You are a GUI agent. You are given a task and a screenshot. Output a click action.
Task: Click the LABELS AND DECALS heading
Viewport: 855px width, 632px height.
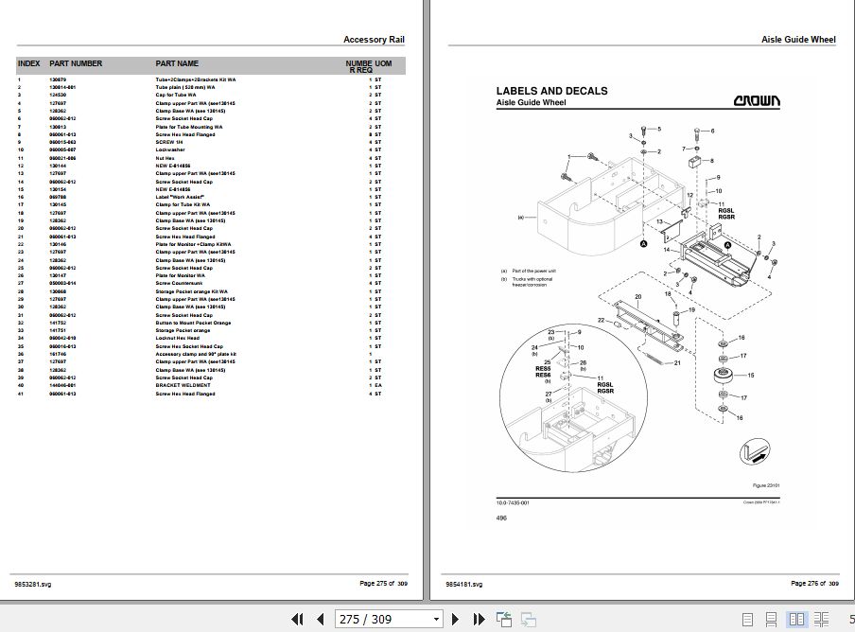(x=551, y=91)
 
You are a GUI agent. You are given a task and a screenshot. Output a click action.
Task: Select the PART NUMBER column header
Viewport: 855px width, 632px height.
(x=76, y=63)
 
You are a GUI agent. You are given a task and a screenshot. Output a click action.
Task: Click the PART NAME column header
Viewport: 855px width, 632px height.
(x=177, y=63)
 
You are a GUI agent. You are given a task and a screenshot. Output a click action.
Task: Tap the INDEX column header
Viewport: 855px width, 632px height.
(x=28, y=63)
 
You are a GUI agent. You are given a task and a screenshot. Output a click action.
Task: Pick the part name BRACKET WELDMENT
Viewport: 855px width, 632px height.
(x=179, y=387)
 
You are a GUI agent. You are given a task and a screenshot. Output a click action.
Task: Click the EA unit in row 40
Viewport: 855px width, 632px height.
(x=377, y=387)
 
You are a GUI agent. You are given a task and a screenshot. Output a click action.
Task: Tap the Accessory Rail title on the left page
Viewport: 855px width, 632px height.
(x=375, y=40)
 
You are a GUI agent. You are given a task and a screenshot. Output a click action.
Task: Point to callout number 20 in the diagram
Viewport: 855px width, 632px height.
(x=638, y=297)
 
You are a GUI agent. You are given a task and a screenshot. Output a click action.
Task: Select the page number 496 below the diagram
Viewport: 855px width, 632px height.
(x=500, y=518)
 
